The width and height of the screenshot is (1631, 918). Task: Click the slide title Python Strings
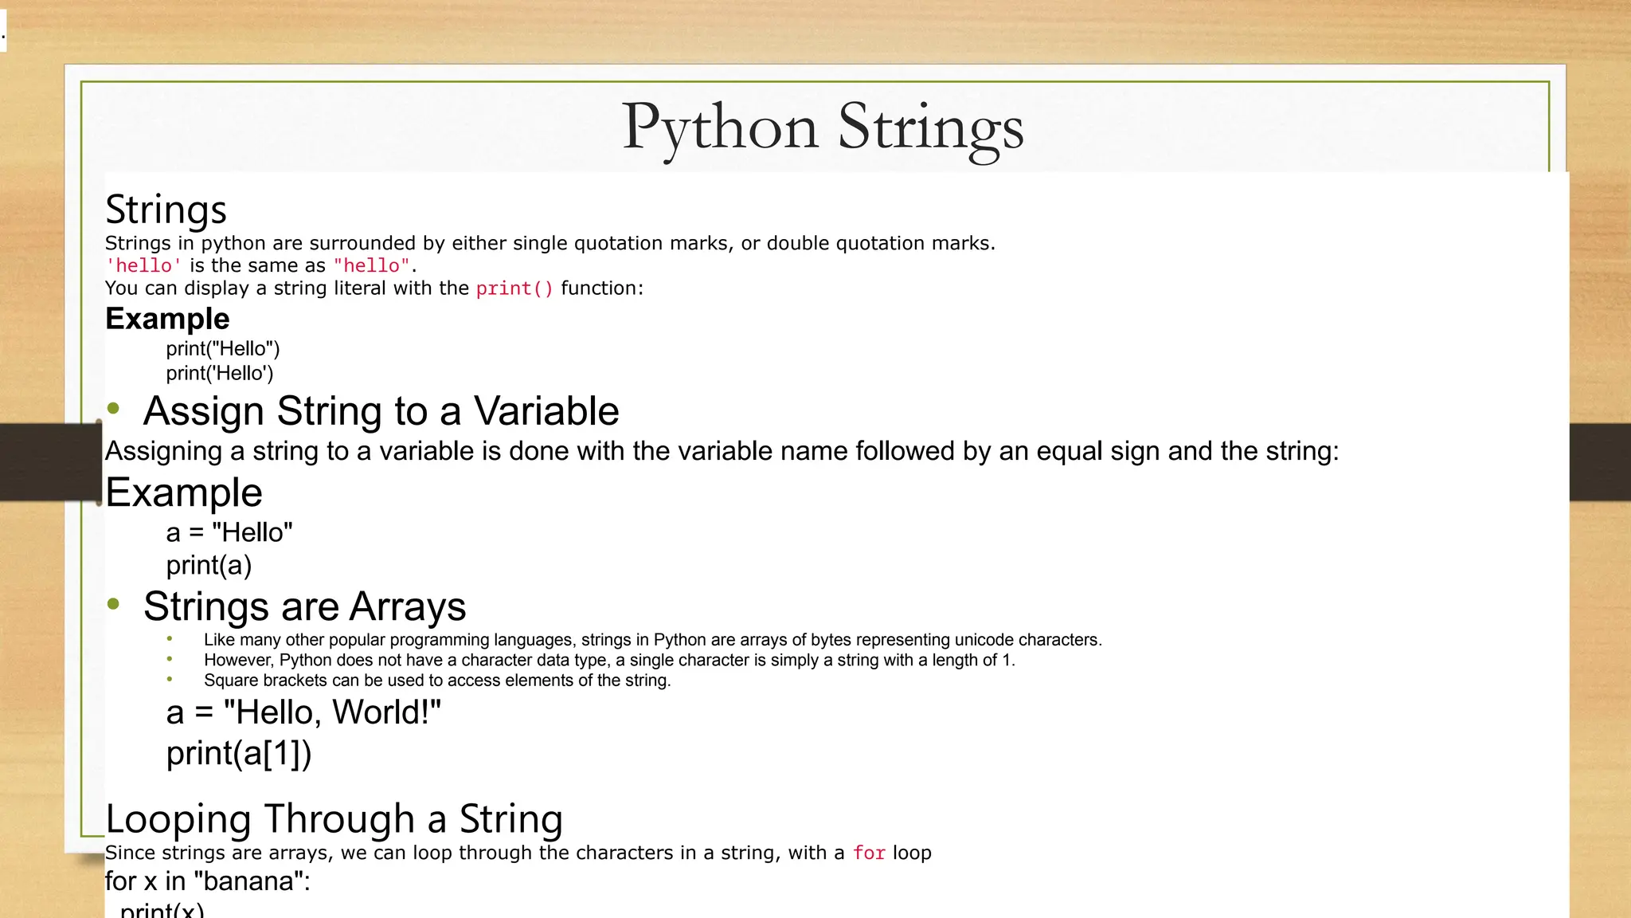(822, 127)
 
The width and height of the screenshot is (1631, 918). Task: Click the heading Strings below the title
(166, 210)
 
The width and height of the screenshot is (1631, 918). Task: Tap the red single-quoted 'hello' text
(143, 265)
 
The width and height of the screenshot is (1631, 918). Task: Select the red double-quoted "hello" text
(371, 265)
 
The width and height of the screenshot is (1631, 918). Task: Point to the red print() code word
(514, 288)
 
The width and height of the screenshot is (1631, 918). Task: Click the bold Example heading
(167, 319)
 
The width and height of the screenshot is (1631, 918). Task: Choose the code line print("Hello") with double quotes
(223, 349)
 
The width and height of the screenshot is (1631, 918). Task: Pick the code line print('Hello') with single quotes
(220, 374)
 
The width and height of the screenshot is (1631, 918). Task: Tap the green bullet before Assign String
(114, 410)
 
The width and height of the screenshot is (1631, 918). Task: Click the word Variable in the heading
(546, 411)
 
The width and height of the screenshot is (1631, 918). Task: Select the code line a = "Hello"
(229, 532)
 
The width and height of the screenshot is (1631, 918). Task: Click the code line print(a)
(209, 565)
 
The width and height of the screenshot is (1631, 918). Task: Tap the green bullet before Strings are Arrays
(114, 604)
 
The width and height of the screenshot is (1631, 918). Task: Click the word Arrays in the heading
(408, 606)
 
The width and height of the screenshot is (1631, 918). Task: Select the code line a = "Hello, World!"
(303, 712)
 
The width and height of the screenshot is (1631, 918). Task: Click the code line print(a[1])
(239, 753)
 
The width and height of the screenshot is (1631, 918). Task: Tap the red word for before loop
(869, 853)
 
